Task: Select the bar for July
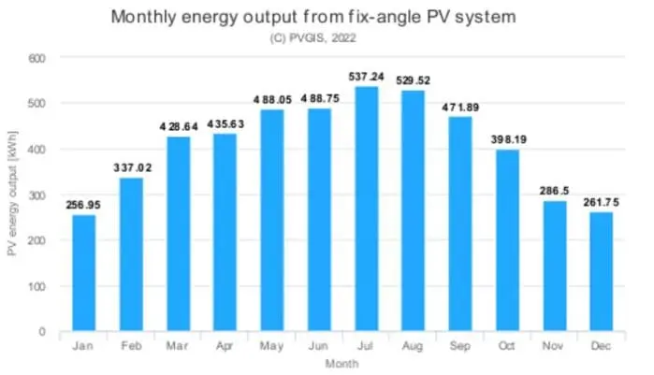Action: coord(366,209)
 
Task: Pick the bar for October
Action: coord(506,240)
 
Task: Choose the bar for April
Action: coord(225,232)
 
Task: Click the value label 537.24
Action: coord(366,78)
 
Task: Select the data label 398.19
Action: coord(506,140)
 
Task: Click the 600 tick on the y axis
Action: coord(36,58)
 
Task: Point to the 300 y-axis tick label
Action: coord(36,195)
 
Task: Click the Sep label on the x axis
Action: coord(459,346)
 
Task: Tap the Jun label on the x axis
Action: coord(319,346)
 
